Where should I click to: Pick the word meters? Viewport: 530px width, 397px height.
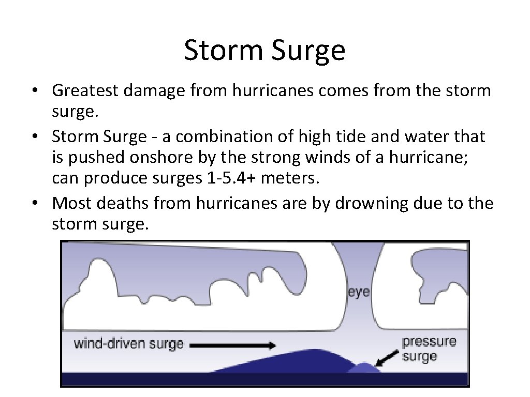point(290,179)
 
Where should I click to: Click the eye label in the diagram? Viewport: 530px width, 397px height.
point(358,292)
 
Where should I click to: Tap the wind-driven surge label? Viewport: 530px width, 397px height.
point(129,344)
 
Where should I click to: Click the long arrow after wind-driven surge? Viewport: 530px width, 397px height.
point(232,345)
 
